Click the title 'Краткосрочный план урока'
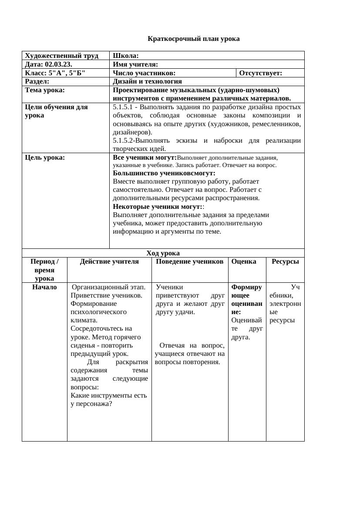[193, 39]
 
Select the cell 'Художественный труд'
[61, 56]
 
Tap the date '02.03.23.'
[58, 64]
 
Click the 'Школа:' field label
[126, 56]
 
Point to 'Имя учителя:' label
[135, 64]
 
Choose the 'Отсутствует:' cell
[261, 73]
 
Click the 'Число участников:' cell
[144, 73]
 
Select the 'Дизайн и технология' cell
[147, 81]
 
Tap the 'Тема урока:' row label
[45, 90]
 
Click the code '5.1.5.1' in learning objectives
[123, 107]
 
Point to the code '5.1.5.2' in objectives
[123, 141]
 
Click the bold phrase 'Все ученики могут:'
[145, 157]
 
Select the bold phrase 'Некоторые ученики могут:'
[157, 207]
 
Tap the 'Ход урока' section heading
[163, 253]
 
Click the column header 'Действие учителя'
[109, 261]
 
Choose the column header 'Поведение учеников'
[189, 261]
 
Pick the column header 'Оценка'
[244, 261]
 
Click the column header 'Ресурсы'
[285, 261]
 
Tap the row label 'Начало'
[44, 287]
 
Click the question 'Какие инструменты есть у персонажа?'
[108, 399]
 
